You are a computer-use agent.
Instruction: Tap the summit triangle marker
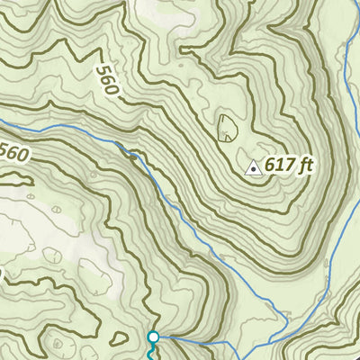pyautogui.click(x=254, y=167)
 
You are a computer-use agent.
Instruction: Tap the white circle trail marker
pyautogui.click(x=153, y=337)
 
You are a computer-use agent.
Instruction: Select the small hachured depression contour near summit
pyautogui.click(x=227, y=128)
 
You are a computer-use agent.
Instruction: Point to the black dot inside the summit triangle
pyautogui.click(x=254, y=168)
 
